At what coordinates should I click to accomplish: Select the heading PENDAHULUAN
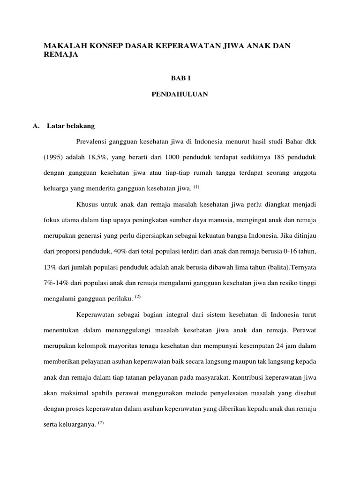180,95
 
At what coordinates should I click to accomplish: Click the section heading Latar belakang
71,127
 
